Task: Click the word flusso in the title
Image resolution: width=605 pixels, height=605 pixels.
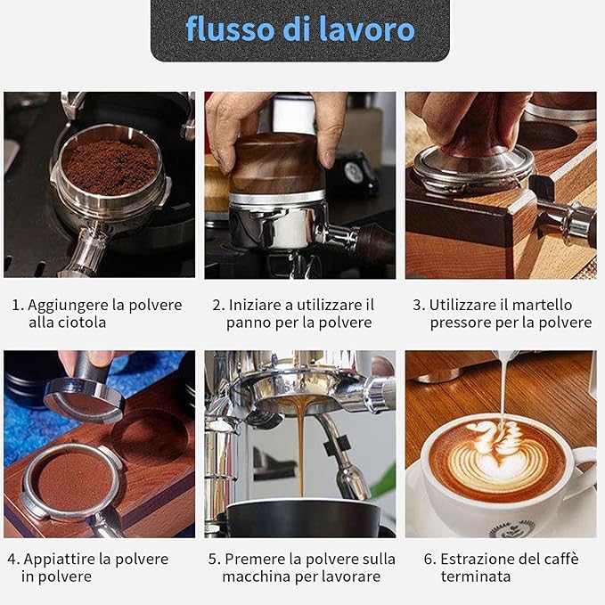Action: pos(231,29)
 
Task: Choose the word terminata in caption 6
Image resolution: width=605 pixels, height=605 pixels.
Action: pos(476,576)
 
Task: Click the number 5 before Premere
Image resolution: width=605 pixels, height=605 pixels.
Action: pos(213,560)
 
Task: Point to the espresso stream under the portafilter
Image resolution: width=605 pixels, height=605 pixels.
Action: pos(301,447)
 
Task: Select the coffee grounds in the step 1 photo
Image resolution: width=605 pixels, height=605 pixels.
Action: pos(110,167)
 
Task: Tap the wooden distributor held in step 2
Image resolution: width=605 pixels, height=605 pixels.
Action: pos(276,164)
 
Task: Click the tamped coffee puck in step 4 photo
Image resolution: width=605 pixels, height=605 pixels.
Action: pos(76,480)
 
